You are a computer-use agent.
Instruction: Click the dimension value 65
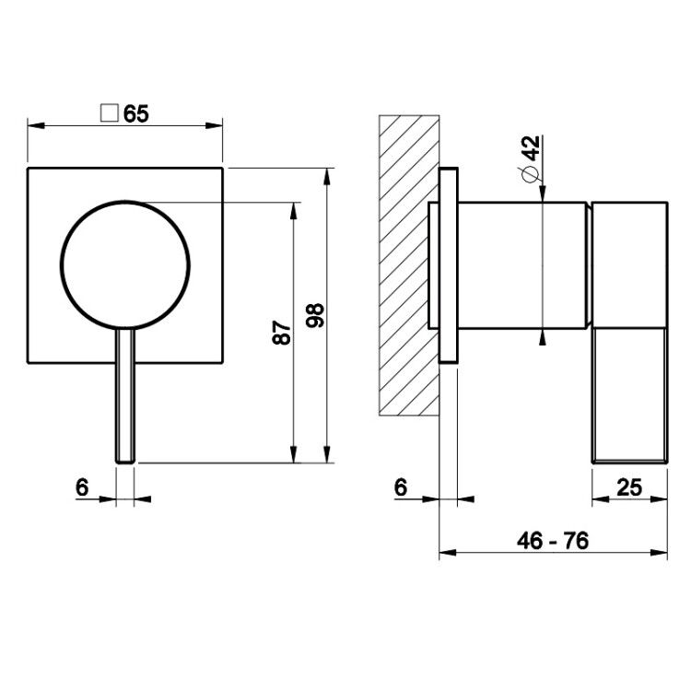pos(135,113)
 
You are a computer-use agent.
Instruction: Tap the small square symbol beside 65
pos(110,112)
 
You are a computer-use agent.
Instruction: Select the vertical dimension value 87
pos(282,333)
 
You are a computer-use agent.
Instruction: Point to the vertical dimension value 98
pos(315,315)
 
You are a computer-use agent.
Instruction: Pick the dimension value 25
pos(629,487)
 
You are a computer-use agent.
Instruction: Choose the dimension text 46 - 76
pos(553,540)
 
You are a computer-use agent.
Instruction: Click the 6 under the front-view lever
pos(82,487)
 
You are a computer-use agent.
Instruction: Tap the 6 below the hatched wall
pos(401,487)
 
